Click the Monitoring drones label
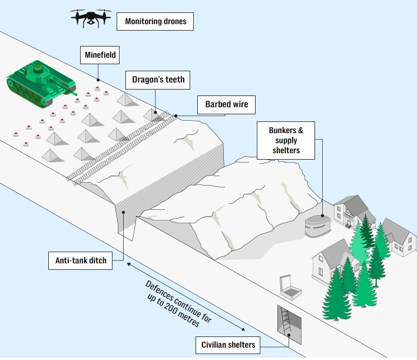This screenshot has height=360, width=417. (x=155, y=22)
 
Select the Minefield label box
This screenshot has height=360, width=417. (x=100, y=57)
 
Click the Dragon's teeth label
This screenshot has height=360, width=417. (x=158, y=80)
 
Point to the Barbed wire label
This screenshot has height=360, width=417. (x=226, y=105)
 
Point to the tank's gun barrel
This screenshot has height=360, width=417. (x=69, y=90)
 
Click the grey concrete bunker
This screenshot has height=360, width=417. (x=318, y=225)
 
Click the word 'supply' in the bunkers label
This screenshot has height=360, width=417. (x=287, y=140)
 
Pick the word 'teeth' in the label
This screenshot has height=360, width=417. (x=174, y=80)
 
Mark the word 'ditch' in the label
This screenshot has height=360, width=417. (x=98, y=260)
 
